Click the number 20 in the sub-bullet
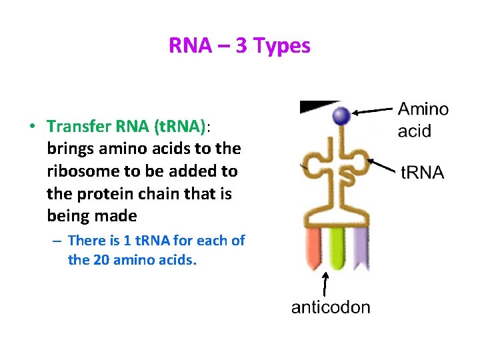click(x=101, y=260)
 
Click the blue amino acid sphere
click(x=342, y=116)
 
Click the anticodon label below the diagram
click(x=331, y=307)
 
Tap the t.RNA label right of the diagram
click(x=422, y=173)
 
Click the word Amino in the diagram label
click(x=423, y=110)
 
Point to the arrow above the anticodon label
click(x=325, y=283)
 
